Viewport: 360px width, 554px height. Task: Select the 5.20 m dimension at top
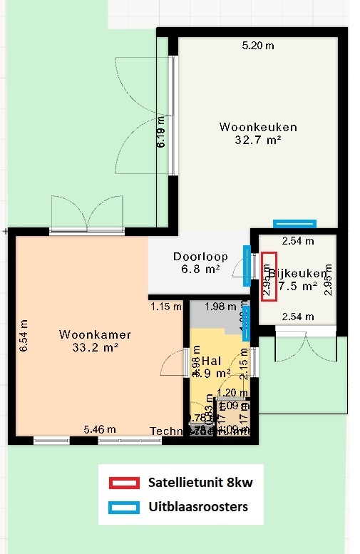click(x=258, y=46)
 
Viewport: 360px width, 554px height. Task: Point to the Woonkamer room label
click(x=96, y=334)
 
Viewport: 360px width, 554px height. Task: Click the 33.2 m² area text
click(x=96, y=347)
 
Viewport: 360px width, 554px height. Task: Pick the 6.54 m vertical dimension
click(x=23, y=336)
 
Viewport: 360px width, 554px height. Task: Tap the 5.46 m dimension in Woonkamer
click(x=100, y=429)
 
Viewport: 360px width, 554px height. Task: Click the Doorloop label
click(x=200, y=257)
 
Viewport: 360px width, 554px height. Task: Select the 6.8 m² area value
click(x=200, y=270)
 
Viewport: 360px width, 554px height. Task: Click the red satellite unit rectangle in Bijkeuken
click(x=269, y=277)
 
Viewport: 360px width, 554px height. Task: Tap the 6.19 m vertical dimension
click(x=162, y=132)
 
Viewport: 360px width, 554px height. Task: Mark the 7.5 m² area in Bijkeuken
click(x=297, y=287)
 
